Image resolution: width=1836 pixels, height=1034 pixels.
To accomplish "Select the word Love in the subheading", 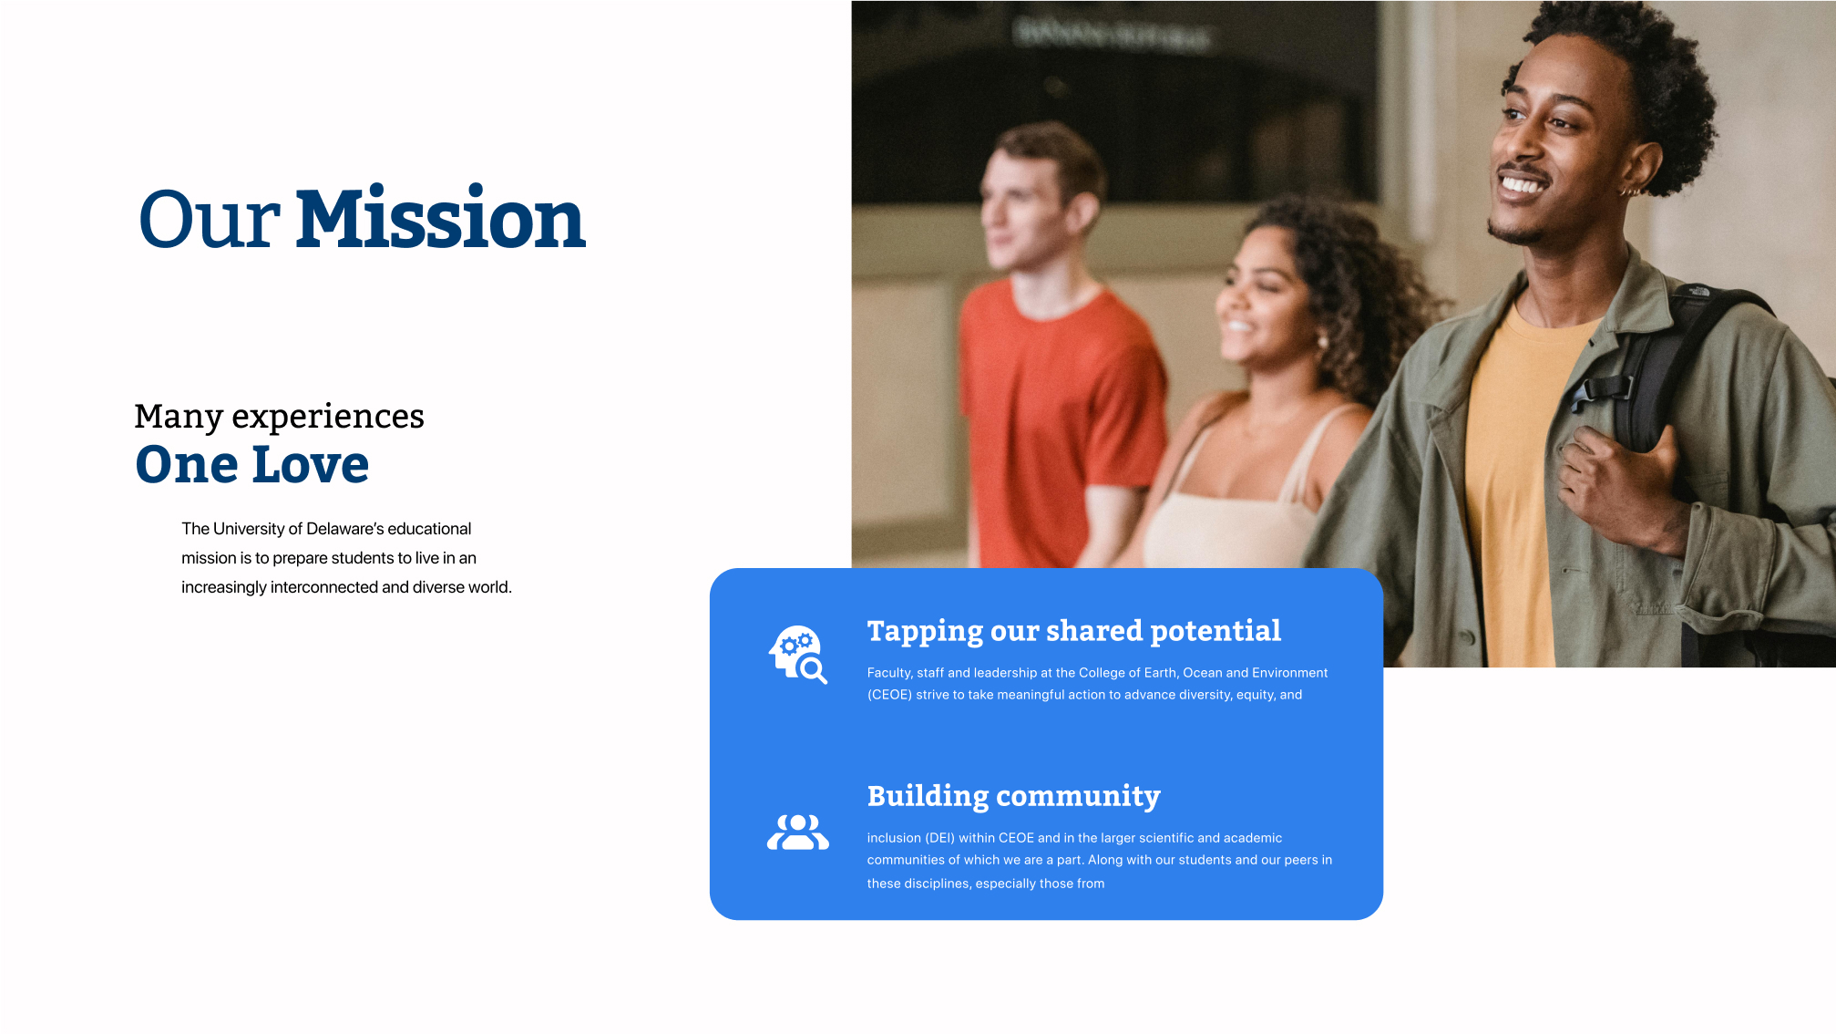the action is click(311, 464).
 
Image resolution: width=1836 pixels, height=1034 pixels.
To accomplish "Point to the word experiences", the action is click(328, 417).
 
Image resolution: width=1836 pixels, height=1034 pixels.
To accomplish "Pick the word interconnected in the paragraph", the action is click(324, 587).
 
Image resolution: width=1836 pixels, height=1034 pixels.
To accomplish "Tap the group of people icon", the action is click(798, 832).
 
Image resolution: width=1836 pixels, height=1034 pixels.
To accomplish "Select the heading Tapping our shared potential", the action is click(1073, 632).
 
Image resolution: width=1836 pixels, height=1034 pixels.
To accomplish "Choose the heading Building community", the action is click(1013, 797).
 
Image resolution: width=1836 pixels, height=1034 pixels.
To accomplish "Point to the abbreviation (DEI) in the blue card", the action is click(940, 838).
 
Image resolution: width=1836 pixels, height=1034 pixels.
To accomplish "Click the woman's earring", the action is click(1323, 342).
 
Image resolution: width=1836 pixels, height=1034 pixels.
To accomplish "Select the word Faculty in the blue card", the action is click(889, 673).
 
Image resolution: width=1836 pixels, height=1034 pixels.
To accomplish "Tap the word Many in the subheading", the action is click(179, 417).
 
